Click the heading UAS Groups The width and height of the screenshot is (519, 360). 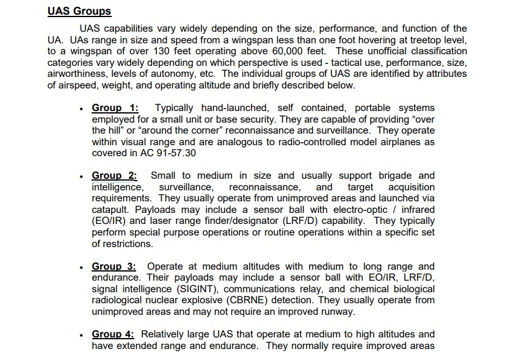[x=79, y=11]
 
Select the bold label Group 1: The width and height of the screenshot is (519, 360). [x=115, y=108]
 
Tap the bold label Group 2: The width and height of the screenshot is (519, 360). [x=115, y=176]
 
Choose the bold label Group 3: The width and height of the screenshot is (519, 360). [x=115, y=266]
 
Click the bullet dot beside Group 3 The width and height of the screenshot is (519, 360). [x=81, y=267]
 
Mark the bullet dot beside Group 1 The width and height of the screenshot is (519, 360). [x=81, y=109]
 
